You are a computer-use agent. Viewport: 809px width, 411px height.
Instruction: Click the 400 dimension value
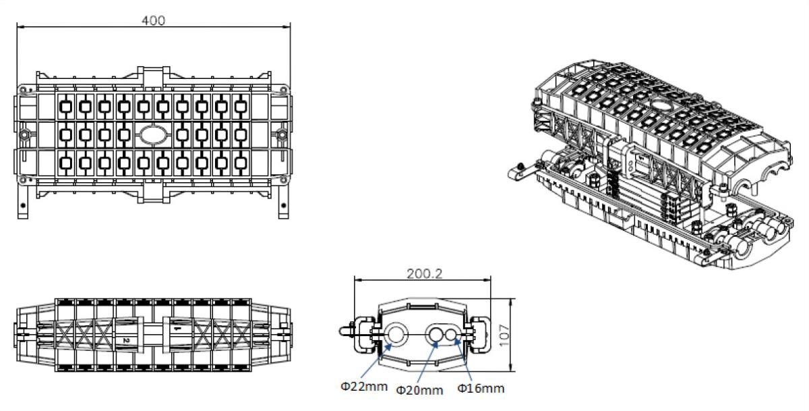coord(153,20)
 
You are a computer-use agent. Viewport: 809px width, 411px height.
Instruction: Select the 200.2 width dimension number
coord(424,273)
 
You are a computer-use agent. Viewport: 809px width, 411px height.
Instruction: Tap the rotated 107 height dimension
coord(504,335)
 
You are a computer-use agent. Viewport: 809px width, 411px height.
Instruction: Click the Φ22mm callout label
coord(364,387)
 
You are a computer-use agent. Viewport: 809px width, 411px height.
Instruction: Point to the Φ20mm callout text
coord(419,390)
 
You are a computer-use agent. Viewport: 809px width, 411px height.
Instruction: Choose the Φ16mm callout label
coord(481,388)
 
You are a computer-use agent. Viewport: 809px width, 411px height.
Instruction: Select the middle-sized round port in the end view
coord(436,335)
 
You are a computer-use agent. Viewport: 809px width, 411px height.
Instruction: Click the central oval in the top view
coord(154,134)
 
